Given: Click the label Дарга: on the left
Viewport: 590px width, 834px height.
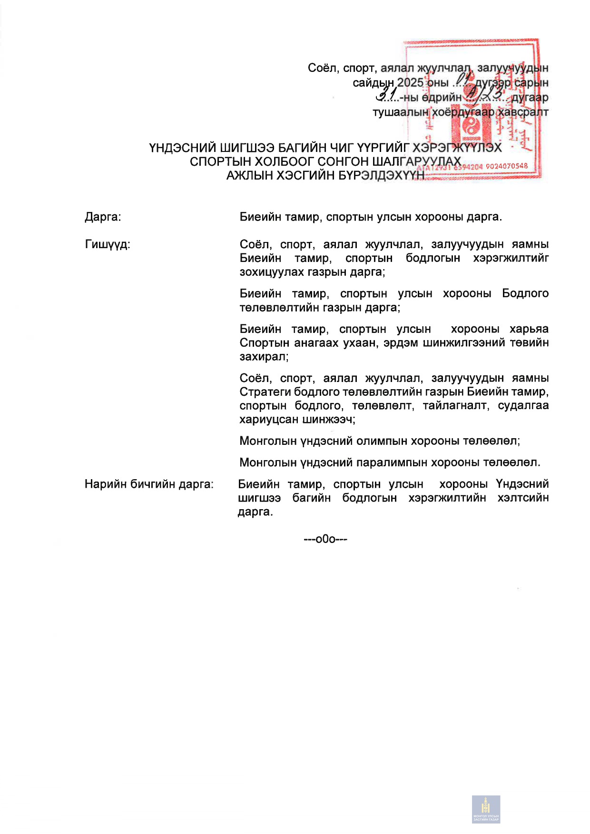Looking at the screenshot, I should (x=103, y=217).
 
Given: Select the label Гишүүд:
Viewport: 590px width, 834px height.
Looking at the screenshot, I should (x=108, y=245).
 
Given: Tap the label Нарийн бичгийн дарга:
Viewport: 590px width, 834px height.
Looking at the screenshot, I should (x=149, y=484).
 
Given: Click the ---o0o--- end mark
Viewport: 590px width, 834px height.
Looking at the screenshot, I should (x=325, y=539).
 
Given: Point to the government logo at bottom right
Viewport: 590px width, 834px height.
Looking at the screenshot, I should (x=486, y=809).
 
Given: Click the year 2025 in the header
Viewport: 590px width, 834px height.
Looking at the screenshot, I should (x=410, y=83).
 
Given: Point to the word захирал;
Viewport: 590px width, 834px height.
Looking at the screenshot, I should (x=264, y=357).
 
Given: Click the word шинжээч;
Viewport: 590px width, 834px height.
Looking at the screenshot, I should (x=328, y=420).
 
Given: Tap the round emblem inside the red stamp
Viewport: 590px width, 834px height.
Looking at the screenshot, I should (x=470, y=128).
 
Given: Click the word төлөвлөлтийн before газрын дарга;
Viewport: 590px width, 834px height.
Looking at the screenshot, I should (x=279, y=308).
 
